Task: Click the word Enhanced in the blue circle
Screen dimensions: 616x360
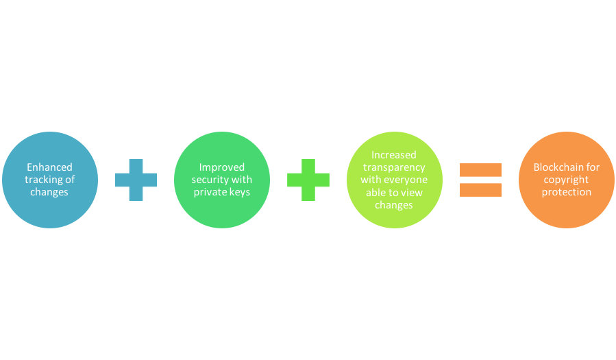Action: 49,167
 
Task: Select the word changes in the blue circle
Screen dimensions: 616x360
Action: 49,192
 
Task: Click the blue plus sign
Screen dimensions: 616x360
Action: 136,180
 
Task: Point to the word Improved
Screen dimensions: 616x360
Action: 222,167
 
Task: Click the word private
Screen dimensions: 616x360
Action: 209,192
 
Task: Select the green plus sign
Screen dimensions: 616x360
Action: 308,180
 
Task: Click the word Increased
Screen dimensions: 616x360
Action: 393,155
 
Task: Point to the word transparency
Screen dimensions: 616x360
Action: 394,168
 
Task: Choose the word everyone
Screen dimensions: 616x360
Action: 406,180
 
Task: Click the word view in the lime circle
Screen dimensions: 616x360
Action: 412,193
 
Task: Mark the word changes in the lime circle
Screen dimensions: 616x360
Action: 393,205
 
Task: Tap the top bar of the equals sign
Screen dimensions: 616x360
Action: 480,170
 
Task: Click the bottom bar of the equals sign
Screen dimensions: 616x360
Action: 480,190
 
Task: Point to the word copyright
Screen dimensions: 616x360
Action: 566,180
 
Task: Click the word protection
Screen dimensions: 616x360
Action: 567,192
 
